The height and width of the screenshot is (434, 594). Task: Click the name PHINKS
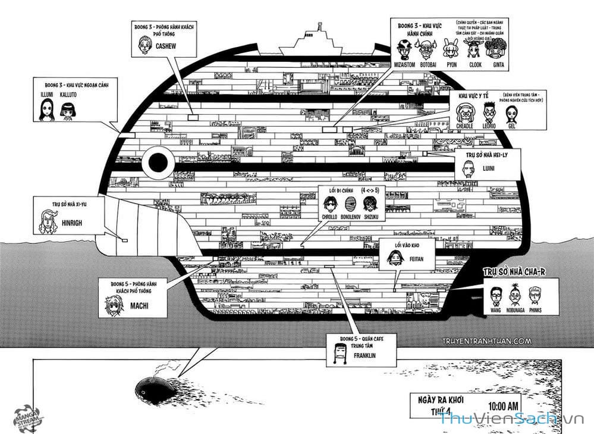click(534, 310)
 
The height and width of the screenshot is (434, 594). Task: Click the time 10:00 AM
click(504, 407)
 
